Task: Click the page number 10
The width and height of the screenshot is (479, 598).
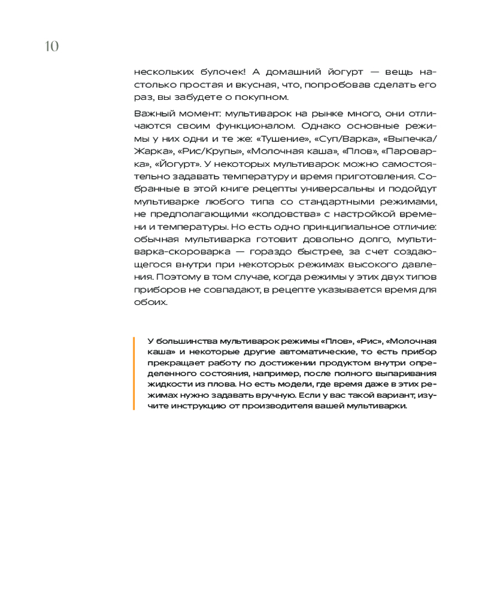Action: [51, 46]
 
